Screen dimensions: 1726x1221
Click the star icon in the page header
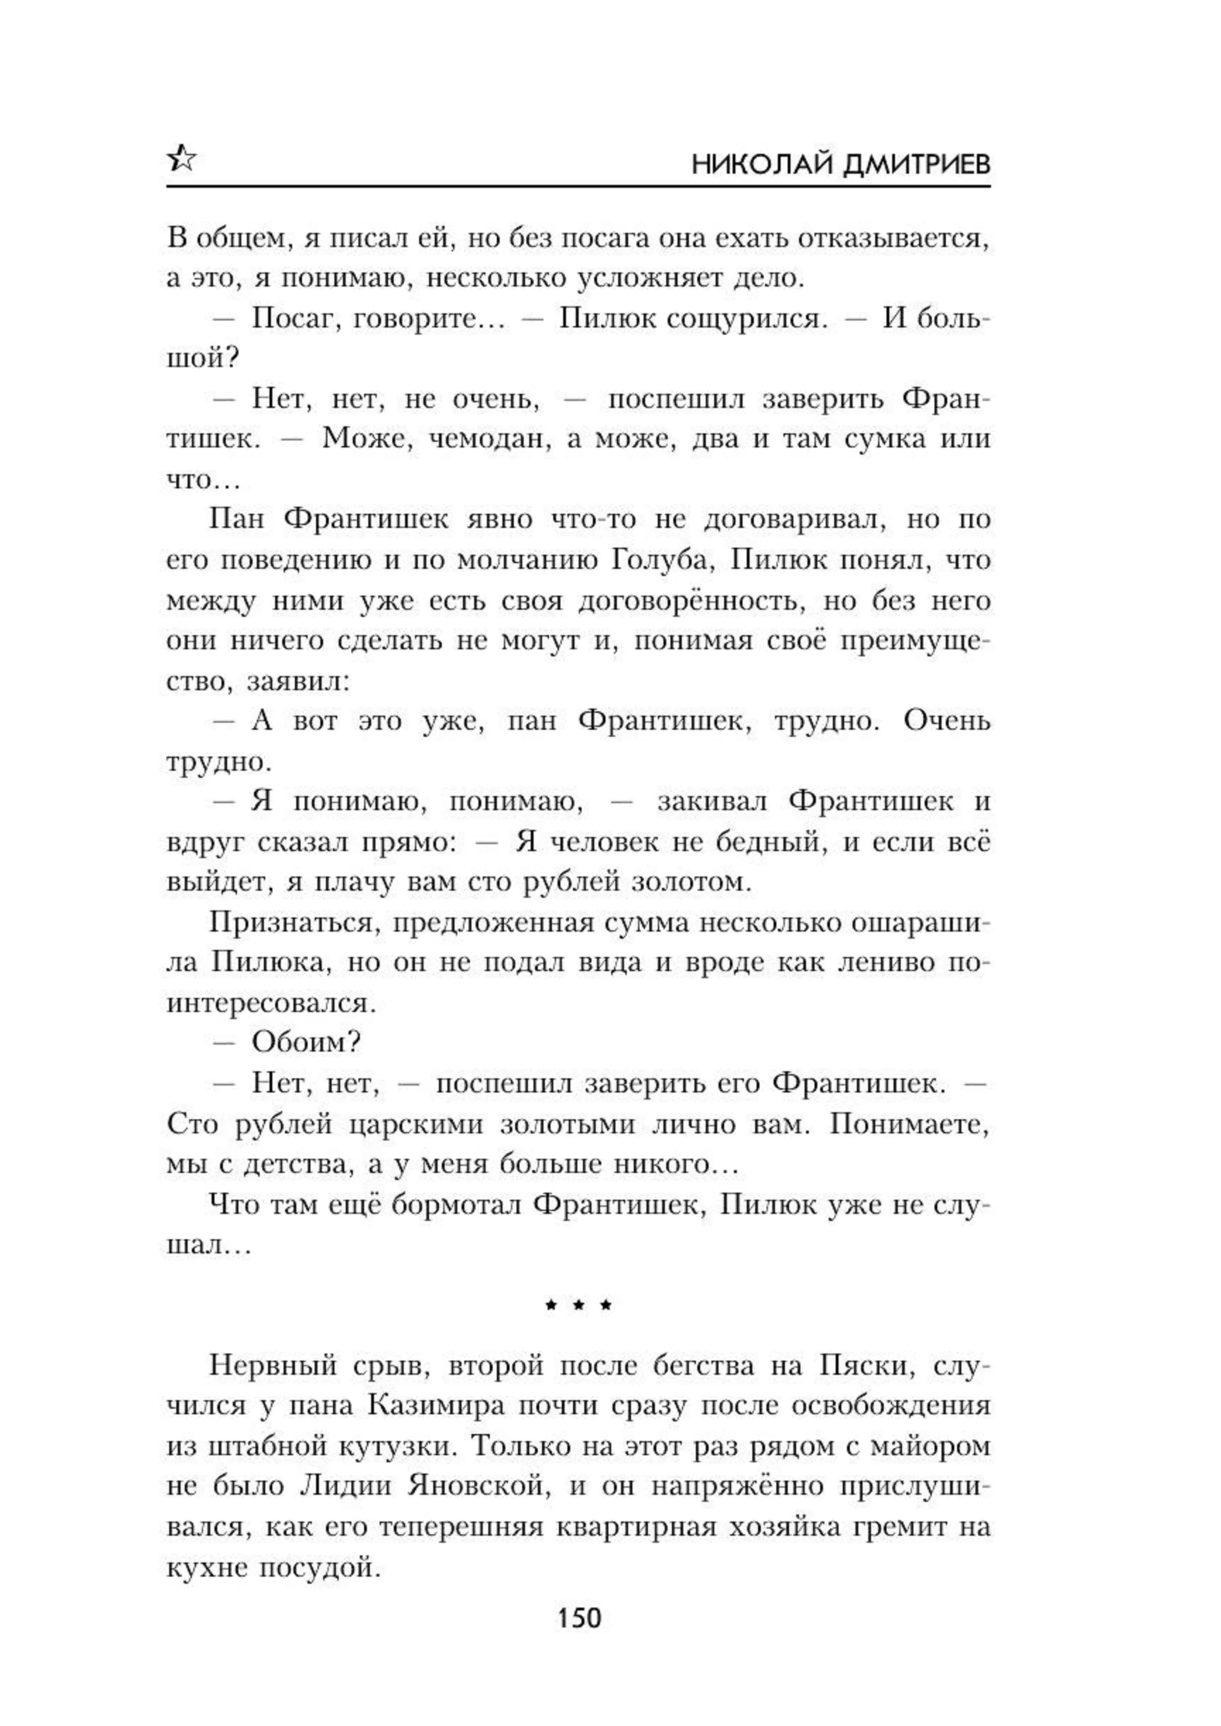(181, 159)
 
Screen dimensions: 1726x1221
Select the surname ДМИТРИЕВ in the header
(917, 164)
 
